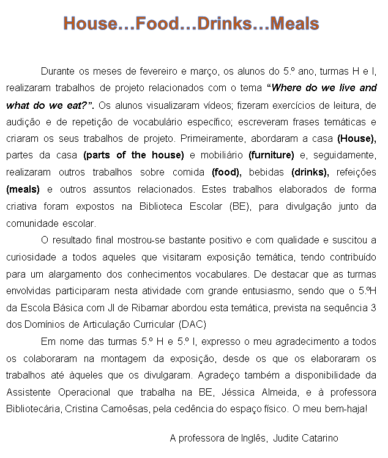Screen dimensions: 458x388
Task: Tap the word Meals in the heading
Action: [x=294, y=24]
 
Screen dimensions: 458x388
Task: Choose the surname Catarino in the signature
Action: [x=319, y=438]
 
